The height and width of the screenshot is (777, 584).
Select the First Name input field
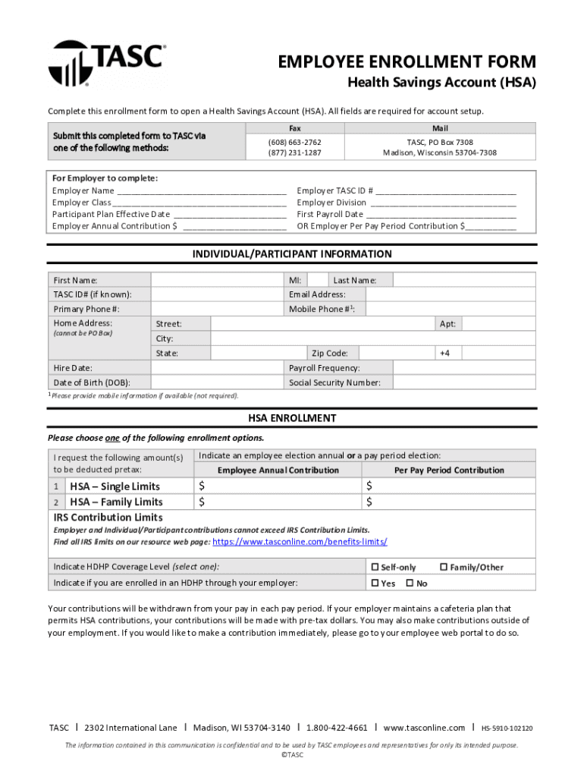point(215,280)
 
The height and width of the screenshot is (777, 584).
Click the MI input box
point(318,280)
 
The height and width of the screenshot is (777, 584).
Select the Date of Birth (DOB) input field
point(215,382)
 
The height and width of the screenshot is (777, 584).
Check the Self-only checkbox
point(375,567)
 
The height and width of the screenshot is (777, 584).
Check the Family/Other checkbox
point(444,567)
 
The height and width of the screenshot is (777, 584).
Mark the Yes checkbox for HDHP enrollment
point(375,584)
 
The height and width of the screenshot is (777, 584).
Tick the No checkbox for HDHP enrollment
point(410,584)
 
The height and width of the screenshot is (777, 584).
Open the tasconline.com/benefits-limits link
point(300,542)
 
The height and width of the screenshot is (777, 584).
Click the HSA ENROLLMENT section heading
point(292,418)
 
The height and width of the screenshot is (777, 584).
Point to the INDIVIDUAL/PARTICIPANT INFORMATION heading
point(292,254)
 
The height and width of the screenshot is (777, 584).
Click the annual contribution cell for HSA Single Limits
point(278,486)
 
